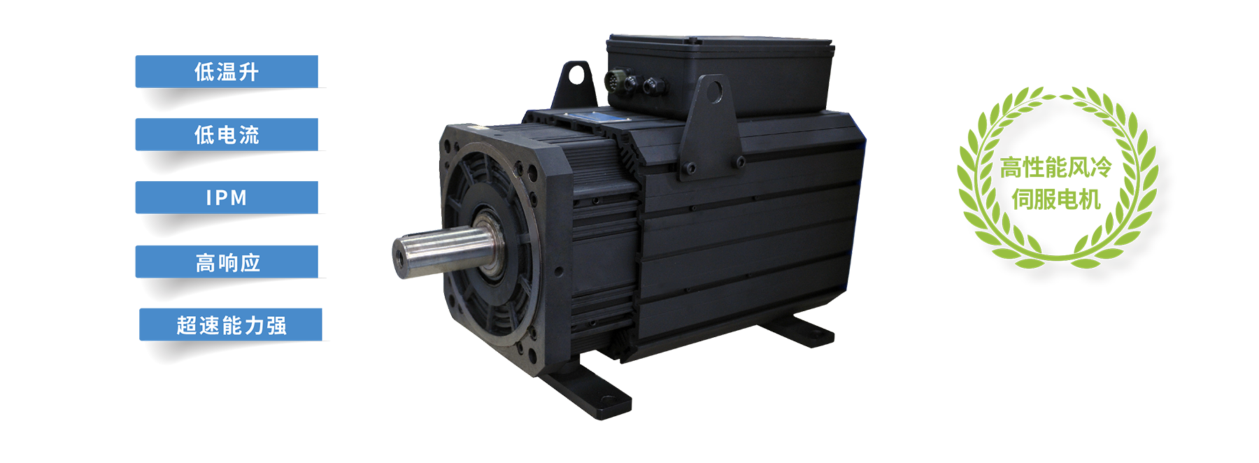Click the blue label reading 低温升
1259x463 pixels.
pyautogui.click(x=227, y=71)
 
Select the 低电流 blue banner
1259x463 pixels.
pyautogui.click(x=227, y=134)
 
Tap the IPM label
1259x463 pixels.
pyautogui.click(x=227, y=197)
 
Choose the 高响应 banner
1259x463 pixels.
pyautogui.click(x=227, y=262)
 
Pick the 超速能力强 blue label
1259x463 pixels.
pyautogui.click(x=231, y=325)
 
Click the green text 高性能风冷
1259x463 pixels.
pyautogui.click(x=1055, y=168)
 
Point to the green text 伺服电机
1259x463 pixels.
pyautogui.click(x=1056, y=200)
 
